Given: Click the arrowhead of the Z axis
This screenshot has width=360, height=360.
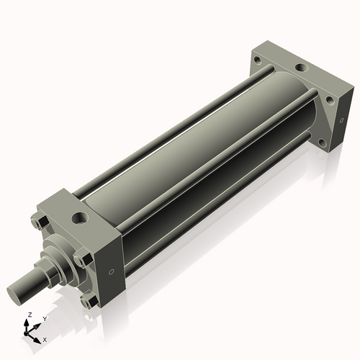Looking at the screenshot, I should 27,321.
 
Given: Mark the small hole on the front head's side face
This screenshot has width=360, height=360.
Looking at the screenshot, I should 111,272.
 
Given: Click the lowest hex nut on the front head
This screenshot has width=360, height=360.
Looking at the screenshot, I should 87,302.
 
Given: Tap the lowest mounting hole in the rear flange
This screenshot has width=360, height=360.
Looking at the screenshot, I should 323,143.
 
